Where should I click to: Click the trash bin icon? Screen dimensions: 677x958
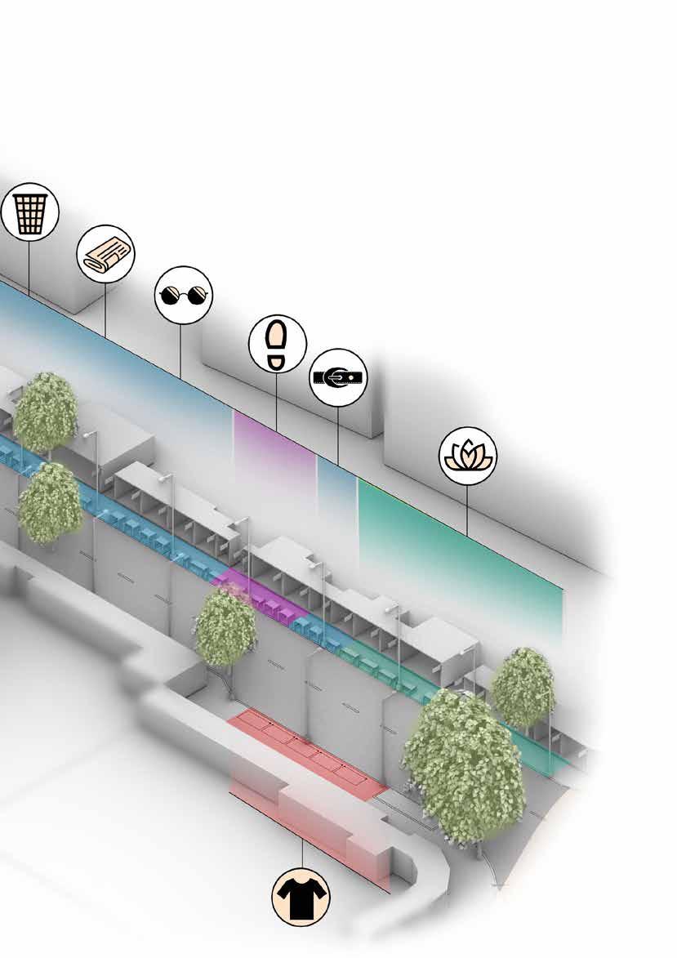point(29,212)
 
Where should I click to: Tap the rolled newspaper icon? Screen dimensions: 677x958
point(105,254)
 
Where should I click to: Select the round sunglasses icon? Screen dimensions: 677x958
point(183,295)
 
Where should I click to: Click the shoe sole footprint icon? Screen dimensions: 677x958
point(277,343)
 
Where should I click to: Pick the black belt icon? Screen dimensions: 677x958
point(339,377)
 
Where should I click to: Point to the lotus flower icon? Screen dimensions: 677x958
point(468,456)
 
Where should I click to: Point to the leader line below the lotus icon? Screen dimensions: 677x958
point(468,510)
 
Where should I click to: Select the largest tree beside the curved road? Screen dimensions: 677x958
point(464,764)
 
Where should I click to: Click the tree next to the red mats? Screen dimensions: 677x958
point(225,625)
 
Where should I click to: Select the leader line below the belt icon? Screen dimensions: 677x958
point(338,433)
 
